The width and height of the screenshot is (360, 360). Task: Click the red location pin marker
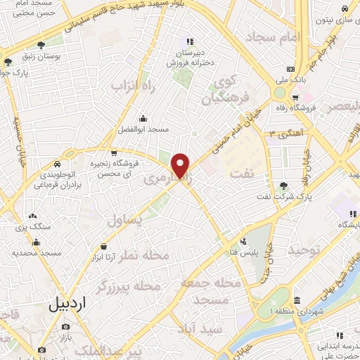point(181,165)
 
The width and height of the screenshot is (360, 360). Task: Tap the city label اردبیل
point(69,304)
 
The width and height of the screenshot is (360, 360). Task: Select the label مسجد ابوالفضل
point(144,130)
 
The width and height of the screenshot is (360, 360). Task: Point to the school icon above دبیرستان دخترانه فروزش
point(189,41)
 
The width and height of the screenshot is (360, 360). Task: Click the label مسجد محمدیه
point(41,252)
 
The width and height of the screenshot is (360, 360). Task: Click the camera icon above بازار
point(66,327)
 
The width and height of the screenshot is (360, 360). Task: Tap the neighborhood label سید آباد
point(201,329)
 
